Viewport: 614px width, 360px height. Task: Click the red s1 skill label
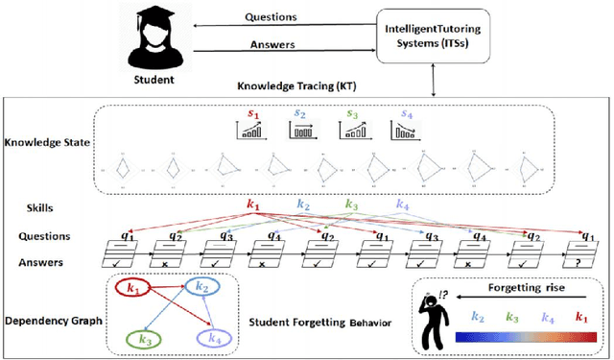pyautogui.click(x=253, y=113)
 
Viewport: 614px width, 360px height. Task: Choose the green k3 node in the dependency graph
pyautogui.click(x=146, y=337)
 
